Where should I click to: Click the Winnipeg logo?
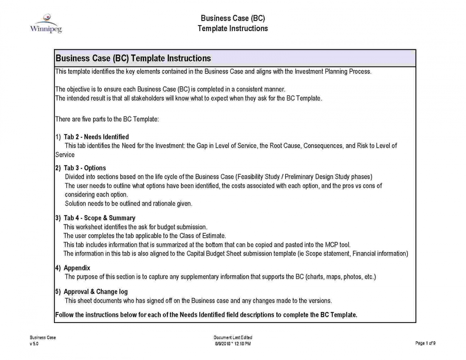(46, 24)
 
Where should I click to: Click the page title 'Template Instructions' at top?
(233, 29)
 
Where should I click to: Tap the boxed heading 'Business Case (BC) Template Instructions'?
(133, 58)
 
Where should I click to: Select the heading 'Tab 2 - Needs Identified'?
(96, 137)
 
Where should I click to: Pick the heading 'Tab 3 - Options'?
(85, 168)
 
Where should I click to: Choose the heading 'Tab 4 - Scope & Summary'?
(99, 218)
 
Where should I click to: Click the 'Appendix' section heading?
(77, 268)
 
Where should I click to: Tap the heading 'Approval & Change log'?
(95, 292)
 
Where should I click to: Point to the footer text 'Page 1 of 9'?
(425, 343)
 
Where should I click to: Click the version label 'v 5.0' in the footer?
(34, 344)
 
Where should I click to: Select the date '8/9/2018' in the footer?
(222, 344)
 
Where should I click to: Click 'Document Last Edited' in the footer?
(233, 338)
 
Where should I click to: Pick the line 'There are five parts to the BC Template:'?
(107, 119)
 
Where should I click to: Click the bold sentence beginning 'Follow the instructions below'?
(206, 315)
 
